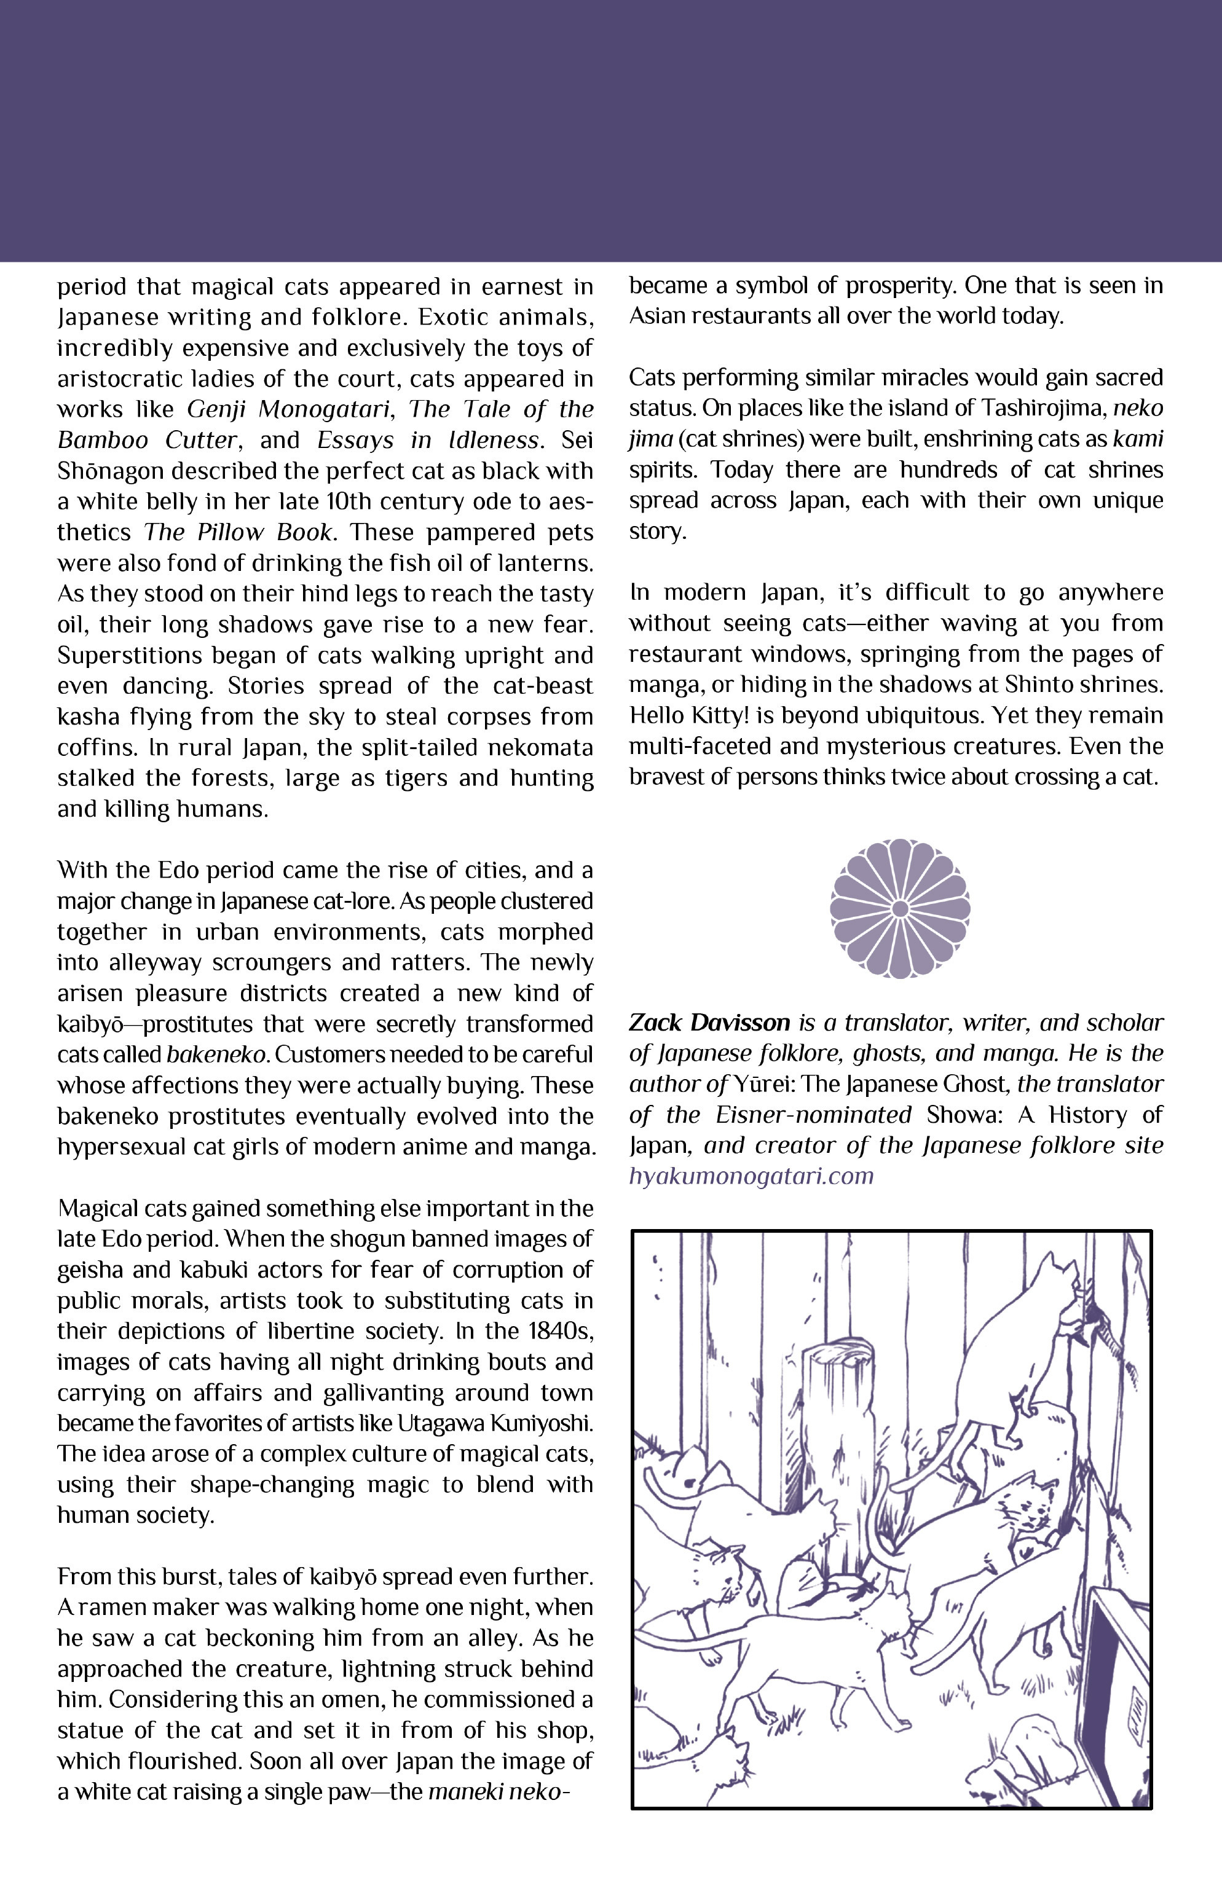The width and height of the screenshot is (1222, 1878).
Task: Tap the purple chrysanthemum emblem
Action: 899,909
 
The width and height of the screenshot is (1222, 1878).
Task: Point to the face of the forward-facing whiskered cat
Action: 1028,1506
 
